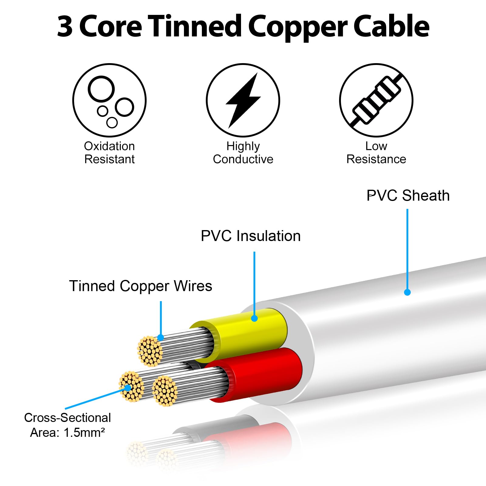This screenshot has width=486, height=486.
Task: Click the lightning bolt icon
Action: [x=243, y=100]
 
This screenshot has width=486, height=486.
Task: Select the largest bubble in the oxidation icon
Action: [x=101, y=89]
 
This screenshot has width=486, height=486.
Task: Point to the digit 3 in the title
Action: [x=65, y=27]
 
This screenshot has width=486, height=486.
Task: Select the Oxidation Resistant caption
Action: [x=109, y=153]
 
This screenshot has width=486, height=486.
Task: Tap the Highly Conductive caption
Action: [x=243, y=153]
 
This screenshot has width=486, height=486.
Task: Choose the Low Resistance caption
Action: [x=376, y=153]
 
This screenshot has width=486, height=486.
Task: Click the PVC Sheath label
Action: [x=408, y=195]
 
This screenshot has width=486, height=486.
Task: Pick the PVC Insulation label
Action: [x=251, y=236]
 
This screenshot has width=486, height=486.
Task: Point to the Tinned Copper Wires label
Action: [x=141, y=286]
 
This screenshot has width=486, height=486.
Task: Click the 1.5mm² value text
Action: [x=84, y=432]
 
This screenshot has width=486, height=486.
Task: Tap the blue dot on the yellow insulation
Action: [x=254, y=318]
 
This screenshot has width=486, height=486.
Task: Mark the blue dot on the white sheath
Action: [x=407, y=292]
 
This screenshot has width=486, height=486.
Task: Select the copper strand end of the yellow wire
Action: [x=150, y=351]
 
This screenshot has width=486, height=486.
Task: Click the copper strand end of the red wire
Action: [x=165, y=391]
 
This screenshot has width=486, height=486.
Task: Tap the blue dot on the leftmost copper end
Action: [x=128, y=388]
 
